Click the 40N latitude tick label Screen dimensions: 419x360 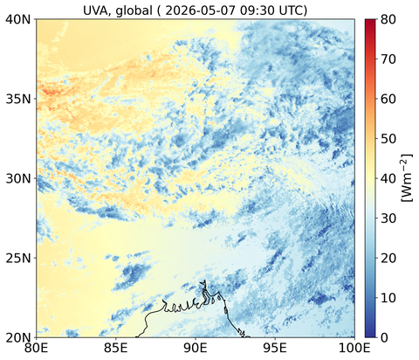click(x=18, y=19)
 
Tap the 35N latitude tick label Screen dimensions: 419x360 click(x=18, y=99)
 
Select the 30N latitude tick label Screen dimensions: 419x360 click(x=18, y=178)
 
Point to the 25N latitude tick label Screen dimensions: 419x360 click(x=18, y=258)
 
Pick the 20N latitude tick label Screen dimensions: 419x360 click(x=18, y=337)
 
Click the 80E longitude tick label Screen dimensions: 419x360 click(x=36, y=348)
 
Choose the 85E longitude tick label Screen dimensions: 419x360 click(x=116, y=348)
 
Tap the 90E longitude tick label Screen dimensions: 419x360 click(x=196, y=348)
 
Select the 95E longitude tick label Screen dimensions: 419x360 click(x=275, y=348)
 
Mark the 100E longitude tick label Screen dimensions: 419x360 click(x=354, y=348)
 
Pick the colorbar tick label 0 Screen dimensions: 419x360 click(x=384, y=337)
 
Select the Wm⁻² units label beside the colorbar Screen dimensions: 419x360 click(x=407, y=178)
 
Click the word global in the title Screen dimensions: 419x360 click(x=134, y=11)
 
